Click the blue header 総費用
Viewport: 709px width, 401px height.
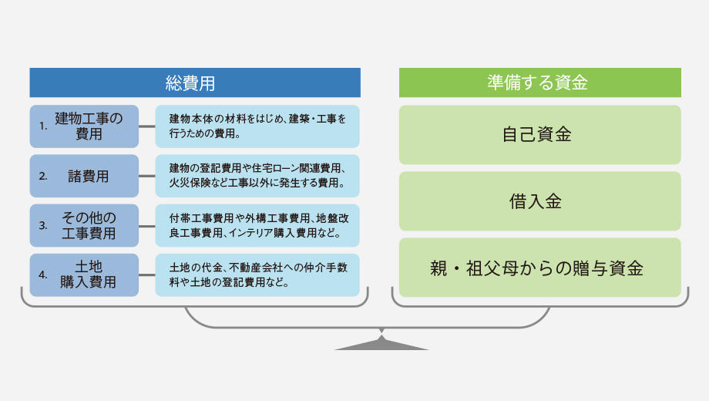pyautogui.click(x=195, y=83)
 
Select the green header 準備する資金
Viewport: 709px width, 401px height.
pyautogui.click(x=540, y=83)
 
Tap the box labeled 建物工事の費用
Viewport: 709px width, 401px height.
pyautogui.click(x=84, y=126)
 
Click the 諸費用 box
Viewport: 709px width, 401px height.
pyautogui.click(x=84, y=176)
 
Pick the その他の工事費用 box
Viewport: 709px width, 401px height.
pyautogui.click(x=84, y=225)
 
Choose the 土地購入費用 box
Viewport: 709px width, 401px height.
pyautogui.click(x=84, y=275)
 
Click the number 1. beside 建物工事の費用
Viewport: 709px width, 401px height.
pyautogui.click(x=43, y=126)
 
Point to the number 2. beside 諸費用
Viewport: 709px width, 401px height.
pyautogui.click(x=43, y=176)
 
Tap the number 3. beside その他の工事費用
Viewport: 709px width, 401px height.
pyautogui.click(x=43, y=225)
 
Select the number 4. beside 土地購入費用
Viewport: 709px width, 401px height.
pyautogui.click(x=43, y=275)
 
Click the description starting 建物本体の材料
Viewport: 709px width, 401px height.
pyautogui.click(x=257, y=126)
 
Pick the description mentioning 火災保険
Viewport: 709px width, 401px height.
pyautogui.click(x=257, y=176)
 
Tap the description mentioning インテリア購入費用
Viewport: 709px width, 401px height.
pyautogui.click(x=257, y=225)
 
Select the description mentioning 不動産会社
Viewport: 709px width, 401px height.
pyautogui.click(x=257, y=275)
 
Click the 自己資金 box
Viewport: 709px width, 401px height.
pyautogui.click(x=540, y=135)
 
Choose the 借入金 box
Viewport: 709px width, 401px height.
pyautogui.click(x=540, y=201)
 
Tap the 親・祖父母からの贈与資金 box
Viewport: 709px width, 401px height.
pyautogui.click(x=540, y=268)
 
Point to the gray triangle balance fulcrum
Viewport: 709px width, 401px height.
pyautogui.click(x=381, y=342)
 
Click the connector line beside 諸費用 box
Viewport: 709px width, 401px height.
pyautogui.click(x=147, y=176)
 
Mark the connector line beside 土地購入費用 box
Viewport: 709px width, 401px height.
pyautogui.click(x=147, y=275)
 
